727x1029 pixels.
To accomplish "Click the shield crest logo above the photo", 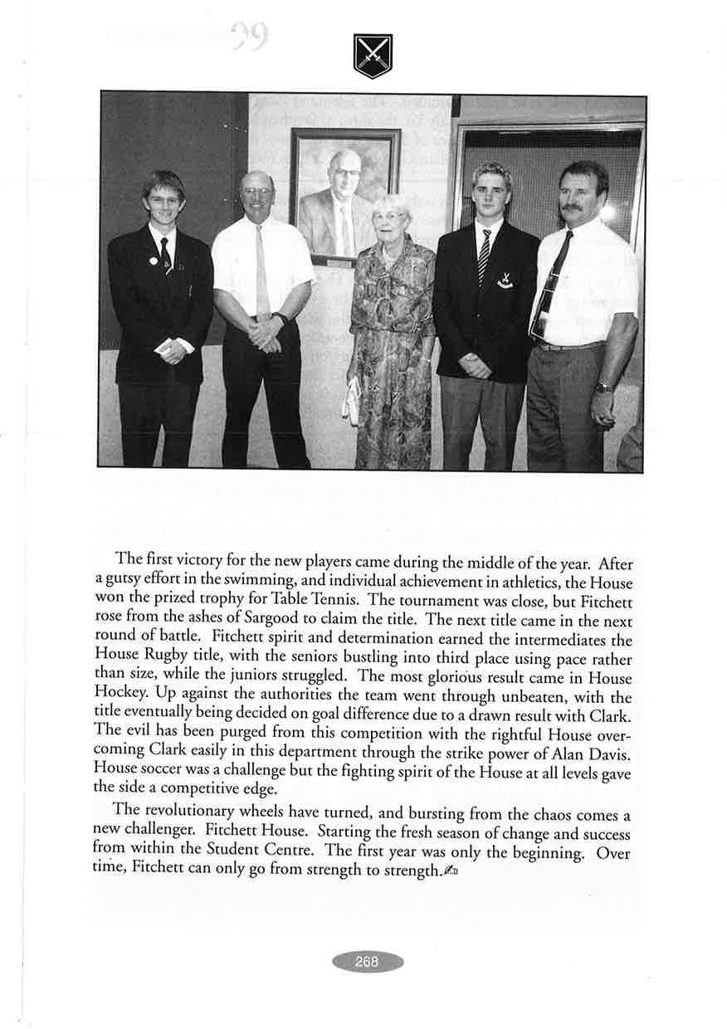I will click(x=372, y=56).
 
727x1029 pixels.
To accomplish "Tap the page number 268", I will click(x=366, y=962).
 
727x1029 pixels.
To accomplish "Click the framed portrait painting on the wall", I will click(x=344, y=196).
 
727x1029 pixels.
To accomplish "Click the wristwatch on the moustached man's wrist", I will click(x=603, y=387).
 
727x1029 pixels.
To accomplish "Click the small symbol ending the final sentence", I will click(x=451, y=871).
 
